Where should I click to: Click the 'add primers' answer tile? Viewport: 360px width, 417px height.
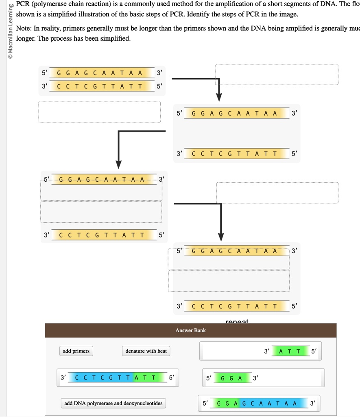[x=76, y=351]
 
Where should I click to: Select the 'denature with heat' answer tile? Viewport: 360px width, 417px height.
[x=146, y=351]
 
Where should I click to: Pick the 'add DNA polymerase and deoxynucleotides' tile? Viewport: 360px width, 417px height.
[x=113, y=404]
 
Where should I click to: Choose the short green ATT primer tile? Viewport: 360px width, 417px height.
[x=290, y=351]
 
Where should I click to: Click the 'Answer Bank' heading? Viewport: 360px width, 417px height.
[x=191, y=330]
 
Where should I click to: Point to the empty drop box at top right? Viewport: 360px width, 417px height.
[x=277, y=75]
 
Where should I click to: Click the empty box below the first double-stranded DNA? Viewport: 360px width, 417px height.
[x=100, y=112]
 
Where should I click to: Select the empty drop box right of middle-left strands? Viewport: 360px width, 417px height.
[x=277, y=193]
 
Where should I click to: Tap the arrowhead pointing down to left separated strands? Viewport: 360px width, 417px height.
[x=118, y=164]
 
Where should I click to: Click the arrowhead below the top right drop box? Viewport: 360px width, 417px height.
[x=219, y=97]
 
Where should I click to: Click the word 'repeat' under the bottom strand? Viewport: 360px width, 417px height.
[x=237, y=322]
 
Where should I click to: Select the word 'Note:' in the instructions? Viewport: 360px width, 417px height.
[x=24, y=28]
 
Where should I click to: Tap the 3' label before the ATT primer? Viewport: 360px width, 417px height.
[x=266, y=351]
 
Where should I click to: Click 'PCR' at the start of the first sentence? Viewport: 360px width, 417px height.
[x=24, y=4]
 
